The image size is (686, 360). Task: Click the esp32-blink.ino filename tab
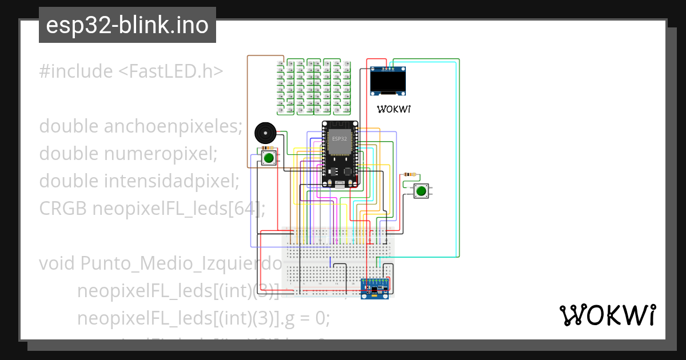point(127,25)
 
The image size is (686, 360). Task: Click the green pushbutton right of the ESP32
point(421,191)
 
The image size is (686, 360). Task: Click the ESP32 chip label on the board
point(339,139)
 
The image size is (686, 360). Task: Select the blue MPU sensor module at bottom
point(375,287)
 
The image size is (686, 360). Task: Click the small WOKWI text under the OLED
point(393,109)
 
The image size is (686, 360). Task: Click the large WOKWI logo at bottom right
point(607,315)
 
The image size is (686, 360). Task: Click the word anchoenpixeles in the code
point(174,126)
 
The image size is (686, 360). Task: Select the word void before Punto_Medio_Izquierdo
point(57,263)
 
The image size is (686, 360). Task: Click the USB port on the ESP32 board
point(341,183)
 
